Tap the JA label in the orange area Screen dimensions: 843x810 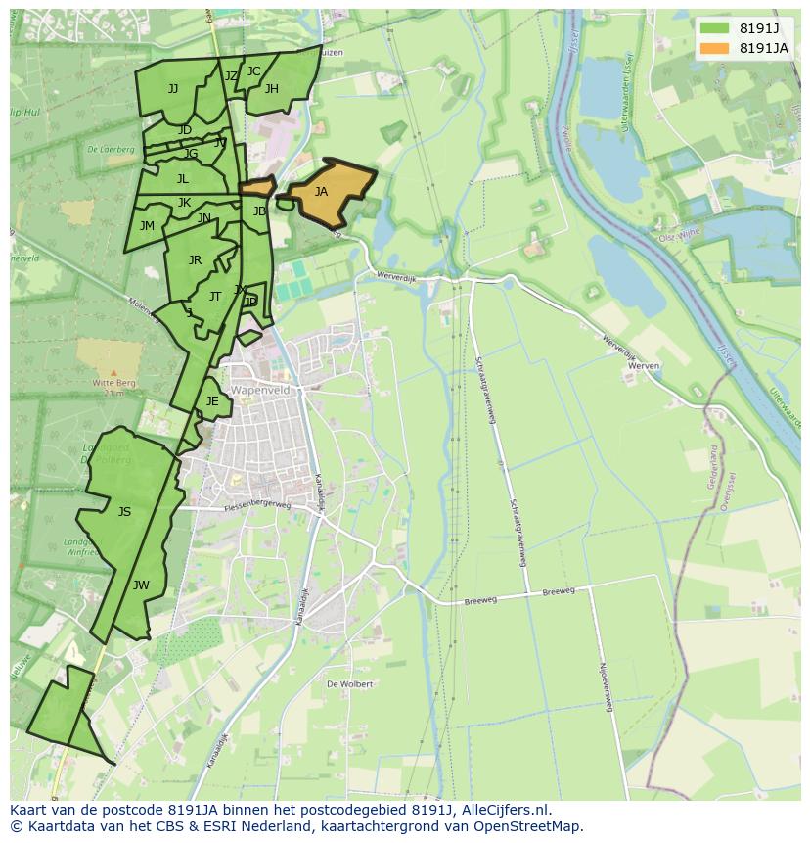321,192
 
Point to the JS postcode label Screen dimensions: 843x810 124,511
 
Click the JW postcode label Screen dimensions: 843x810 141,585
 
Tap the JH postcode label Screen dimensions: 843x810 271,89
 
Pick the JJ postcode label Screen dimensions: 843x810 173,88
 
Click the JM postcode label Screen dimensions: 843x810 147,225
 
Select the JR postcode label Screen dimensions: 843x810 195,259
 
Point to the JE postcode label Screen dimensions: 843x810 212,400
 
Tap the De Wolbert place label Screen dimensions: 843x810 350,683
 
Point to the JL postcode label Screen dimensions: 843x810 183,178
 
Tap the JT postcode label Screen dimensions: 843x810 215,296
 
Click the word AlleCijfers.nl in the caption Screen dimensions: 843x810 505,811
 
